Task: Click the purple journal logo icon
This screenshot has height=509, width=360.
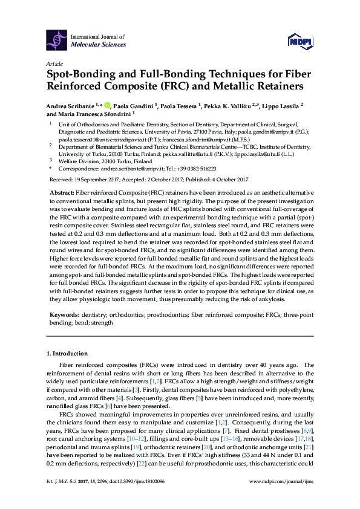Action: pos(57,41)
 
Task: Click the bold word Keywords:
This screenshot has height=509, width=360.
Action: pos(64,314)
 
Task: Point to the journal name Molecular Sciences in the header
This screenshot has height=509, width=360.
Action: pos(99,45)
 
